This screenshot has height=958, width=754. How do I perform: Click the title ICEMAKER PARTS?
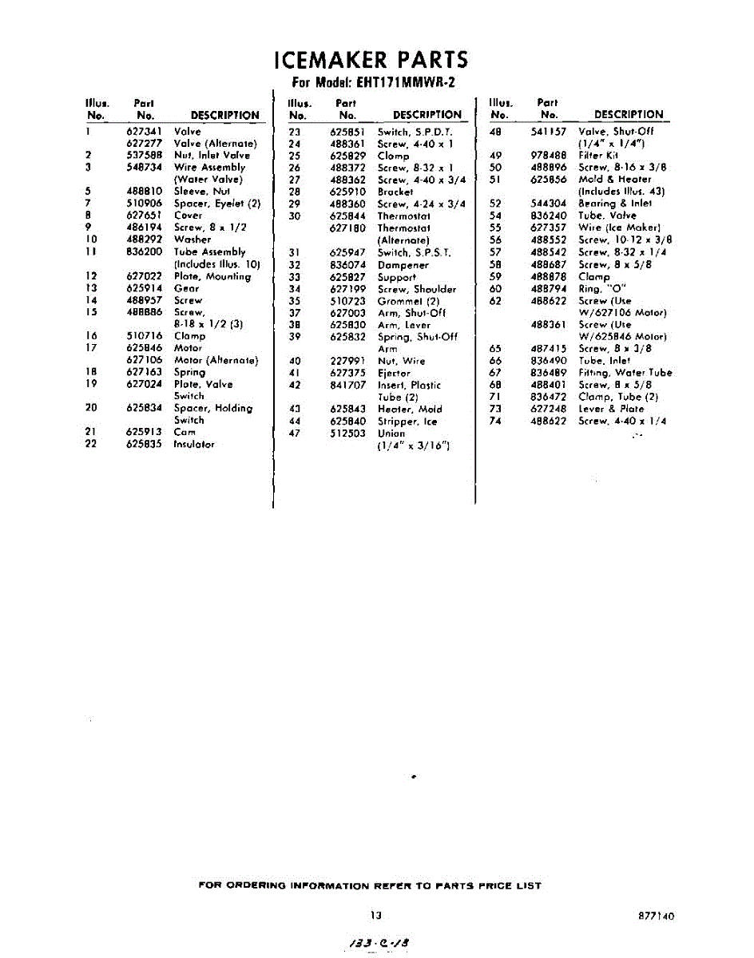[x=370, y=61]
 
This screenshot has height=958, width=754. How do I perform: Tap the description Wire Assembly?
[x=210, y=168]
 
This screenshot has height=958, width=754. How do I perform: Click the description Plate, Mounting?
[x=212, y=277]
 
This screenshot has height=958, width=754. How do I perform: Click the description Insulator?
[x=194, y=444]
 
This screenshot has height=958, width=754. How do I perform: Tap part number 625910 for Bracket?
[x=347, y=192]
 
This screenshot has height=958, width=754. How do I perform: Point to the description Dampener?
[x=403, y=265]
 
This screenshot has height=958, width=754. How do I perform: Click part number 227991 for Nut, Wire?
[x=347, y=361]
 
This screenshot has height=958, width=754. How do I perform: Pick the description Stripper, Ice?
[x=407, y=421]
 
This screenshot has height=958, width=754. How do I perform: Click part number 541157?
[x=550, y=132]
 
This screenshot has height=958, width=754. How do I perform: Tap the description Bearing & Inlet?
[x=615, y=204]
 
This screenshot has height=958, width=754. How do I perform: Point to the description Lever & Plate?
[x=611, y=409]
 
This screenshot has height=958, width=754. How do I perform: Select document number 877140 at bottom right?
[x=657, y=916]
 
